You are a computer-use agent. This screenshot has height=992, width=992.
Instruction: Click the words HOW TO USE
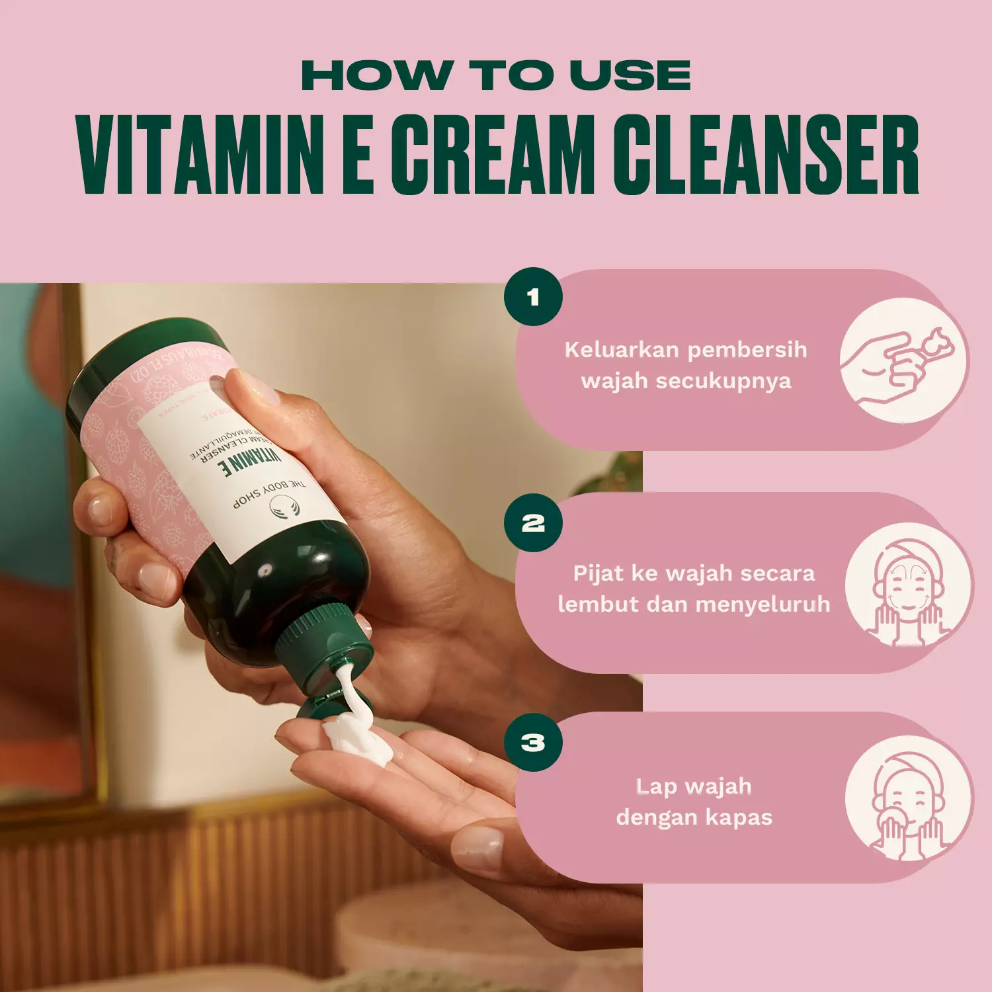pos(496,75)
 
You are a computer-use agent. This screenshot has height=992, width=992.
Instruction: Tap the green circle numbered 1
pos(533,297)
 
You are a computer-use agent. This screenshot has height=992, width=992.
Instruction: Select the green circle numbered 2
pos(533,523)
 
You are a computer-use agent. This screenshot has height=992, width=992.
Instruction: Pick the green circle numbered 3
pos(533,742)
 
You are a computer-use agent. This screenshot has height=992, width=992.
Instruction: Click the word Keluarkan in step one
pos(609,349)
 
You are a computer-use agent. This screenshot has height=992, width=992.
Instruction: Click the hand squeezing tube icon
pos(902,361)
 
